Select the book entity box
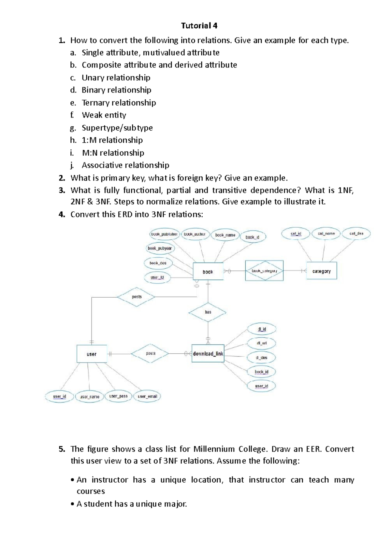[208, 271]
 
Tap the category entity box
[321, 271]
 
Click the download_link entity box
[208, 353]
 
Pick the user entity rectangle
[92, 354]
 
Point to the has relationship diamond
[208, 312]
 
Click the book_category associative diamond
[264, 271]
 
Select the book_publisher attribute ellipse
[164, 234]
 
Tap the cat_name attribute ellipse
[326, 234]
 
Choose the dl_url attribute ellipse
[262, 343]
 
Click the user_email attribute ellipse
[148, 396]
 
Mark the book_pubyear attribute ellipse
[160, 248]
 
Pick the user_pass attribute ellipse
[118, 396]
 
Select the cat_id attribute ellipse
[296, 234]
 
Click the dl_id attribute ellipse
[262, 329]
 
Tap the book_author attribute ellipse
[195, 234]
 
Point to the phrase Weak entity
[104, 115]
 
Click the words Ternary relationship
[119, 103]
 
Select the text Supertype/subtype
[117, 128]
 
